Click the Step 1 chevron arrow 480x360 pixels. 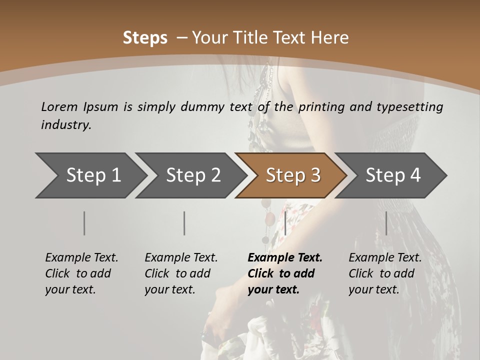click(93, 175)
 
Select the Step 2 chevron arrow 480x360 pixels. click(193, 175)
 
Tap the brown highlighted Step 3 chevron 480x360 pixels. click(293, 175)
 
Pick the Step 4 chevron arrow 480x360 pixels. click(393, 175)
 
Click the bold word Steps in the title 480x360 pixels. click(145, 38)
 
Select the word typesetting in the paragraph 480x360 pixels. click(413, 107)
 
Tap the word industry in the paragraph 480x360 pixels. click(65, 125)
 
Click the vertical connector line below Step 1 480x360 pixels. click(84, 223)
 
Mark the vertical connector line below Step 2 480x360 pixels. click(184, 223)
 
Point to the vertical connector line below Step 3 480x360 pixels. click(285, 223)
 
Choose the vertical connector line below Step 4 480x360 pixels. click(386, 223)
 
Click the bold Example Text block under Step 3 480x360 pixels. click(285, 273)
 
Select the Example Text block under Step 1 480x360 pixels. click(81, 273)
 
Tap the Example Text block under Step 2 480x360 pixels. click(181, 273)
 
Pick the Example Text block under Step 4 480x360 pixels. click(385, 273)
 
